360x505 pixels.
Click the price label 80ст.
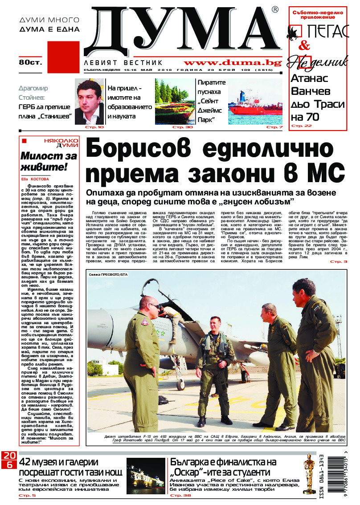coord(30,62)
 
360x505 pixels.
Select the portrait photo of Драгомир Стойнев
coord(89,101)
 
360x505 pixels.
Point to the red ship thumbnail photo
coord(255,102)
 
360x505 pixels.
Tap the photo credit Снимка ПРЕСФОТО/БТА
coord(108,275)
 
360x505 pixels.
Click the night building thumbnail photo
coord(145,476)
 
